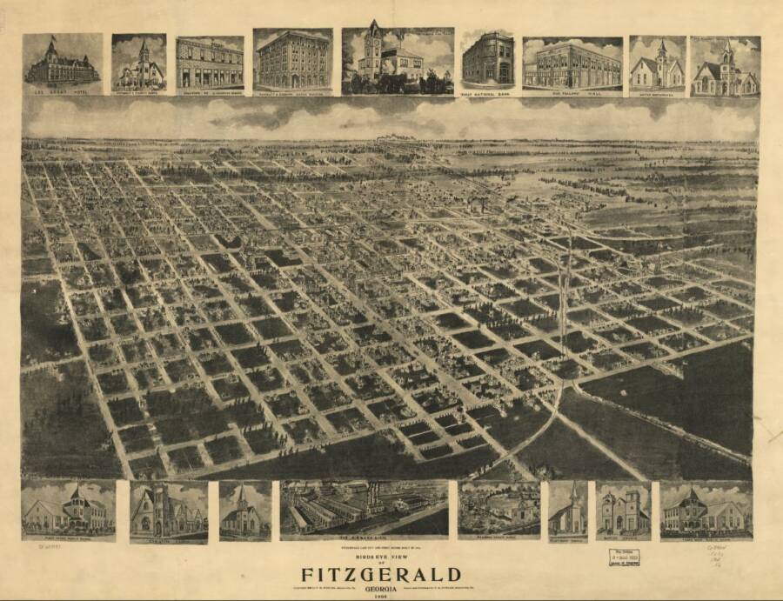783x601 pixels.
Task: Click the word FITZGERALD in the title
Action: tap(381, 574)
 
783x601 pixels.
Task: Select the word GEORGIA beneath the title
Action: tap(381, 586)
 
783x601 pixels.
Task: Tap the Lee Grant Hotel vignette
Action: tap(63, 63)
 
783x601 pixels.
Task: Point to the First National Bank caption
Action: tap(487, 90)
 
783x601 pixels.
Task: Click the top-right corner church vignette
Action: tap(725, 66)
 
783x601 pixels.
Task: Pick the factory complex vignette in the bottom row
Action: tap(364, 508)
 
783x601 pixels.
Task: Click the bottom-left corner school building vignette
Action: tap(68, 510)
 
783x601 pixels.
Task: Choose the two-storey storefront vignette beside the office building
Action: tap(210, 63)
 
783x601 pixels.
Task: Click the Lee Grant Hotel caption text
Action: tap(63, 90)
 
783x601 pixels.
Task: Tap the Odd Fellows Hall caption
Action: tap(572, 90)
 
